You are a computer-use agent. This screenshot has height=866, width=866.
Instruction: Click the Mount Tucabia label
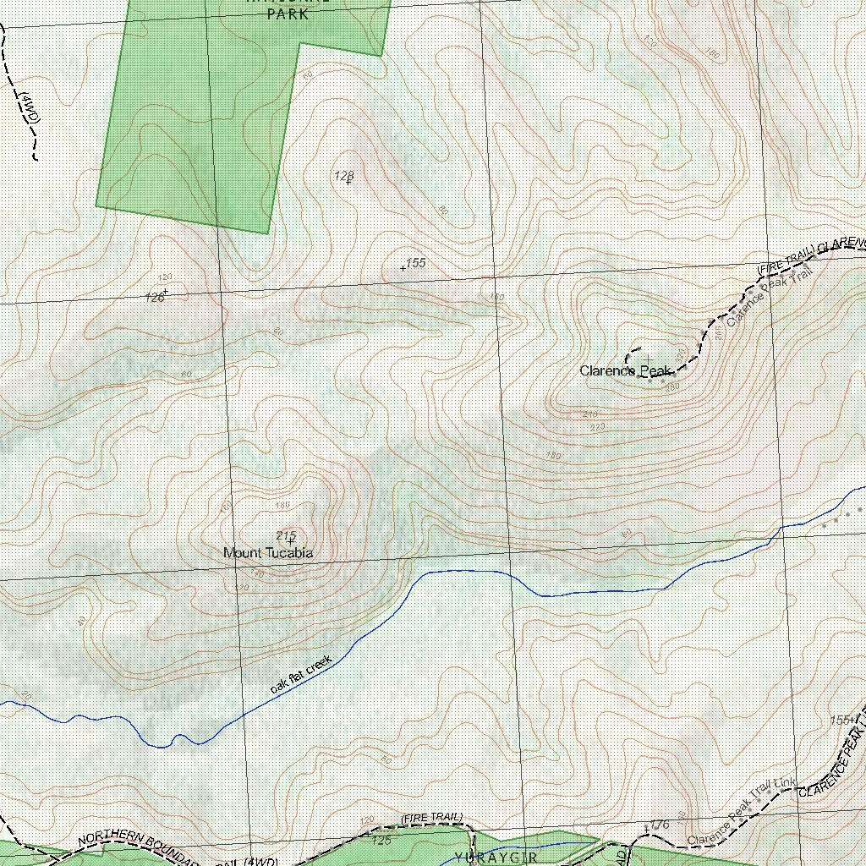pyautogui.click(x=268, y=553)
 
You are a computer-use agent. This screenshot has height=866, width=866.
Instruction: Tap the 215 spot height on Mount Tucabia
pyautogui.click(x=286, y=534)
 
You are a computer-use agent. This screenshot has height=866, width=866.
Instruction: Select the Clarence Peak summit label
pyautogui.click(x=624, y=370)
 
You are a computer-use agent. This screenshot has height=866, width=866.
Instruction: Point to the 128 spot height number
pyautogui.click(x=343, y=176)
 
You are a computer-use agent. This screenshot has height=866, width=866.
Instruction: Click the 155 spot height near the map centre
pyautogui.click(x=415, y=263)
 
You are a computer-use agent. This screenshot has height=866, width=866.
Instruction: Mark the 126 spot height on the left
pyautogui.click(x=155, y=297)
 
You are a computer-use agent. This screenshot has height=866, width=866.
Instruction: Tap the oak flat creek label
pyautogui.click(x=302, y=674)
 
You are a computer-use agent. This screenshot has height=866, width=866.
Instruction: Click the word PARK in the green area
pyautogui.click(x=288, y=14)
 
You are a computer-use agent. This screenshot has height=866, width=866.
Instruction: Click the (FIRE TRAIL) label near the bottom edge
pyautogui.click(x=431, y=817)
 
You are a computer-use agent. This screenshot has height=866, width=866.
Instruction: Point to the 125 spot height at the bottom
pyautogui.click(x=381, y=841)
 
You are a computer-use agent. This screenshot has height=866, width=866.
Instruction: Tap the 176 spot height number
pyautogui.click(x=660, y=825)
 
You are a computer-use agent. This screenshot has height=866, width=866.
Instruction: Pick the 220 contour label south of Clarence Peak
pyautogui.click(x=598, y=427)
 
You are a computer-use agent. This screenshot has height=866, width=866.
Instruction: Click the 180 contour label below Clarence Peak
pyautogui.click(x=554, y=456)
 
